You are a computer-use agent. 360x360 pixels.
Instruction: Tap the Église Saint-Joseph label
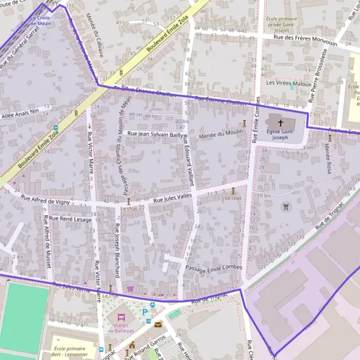(280, 134)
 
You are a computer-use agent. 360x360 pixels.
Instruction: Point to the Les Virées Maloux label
(289, 83)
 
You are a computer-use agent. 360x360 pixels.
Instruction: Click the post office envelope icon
(158, 324)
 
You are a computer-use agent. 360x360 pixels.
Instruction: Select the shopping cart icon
(130, 289)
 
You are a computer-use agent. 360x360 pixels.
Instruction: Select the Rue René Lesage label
(70, 220)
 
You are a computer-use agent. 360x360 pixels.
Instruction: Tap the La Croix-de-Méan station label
(41, 21)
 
